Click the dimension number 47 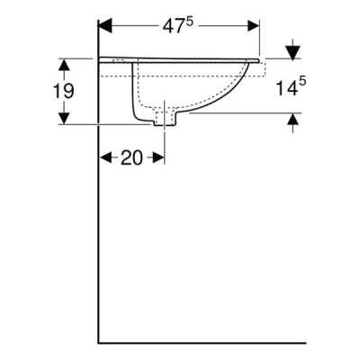tap(173, 26)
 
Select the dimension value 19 tap(63, 91)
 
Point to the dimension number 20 tap(131, 157)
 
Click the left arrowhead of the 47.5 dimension tap(105, 26)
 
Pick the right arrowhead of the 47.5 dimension tap(253, 26)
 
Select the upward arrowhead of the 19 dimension tap(64, 65)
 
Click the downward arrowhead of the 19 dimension tap(64, 118)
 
